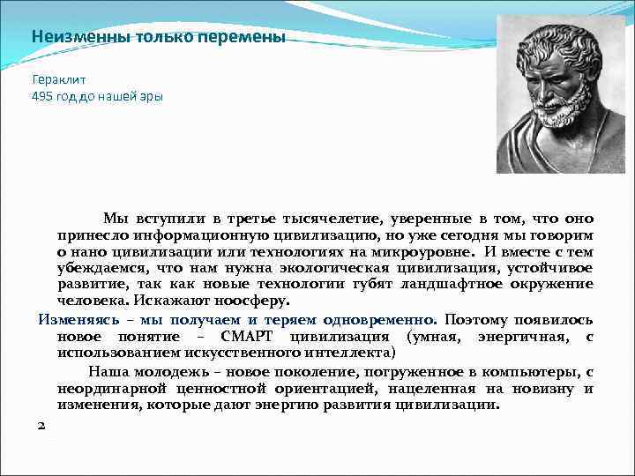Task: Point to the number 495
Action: click(x=42, y=95)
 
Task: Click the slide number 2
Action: click(x=41, y=425)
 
